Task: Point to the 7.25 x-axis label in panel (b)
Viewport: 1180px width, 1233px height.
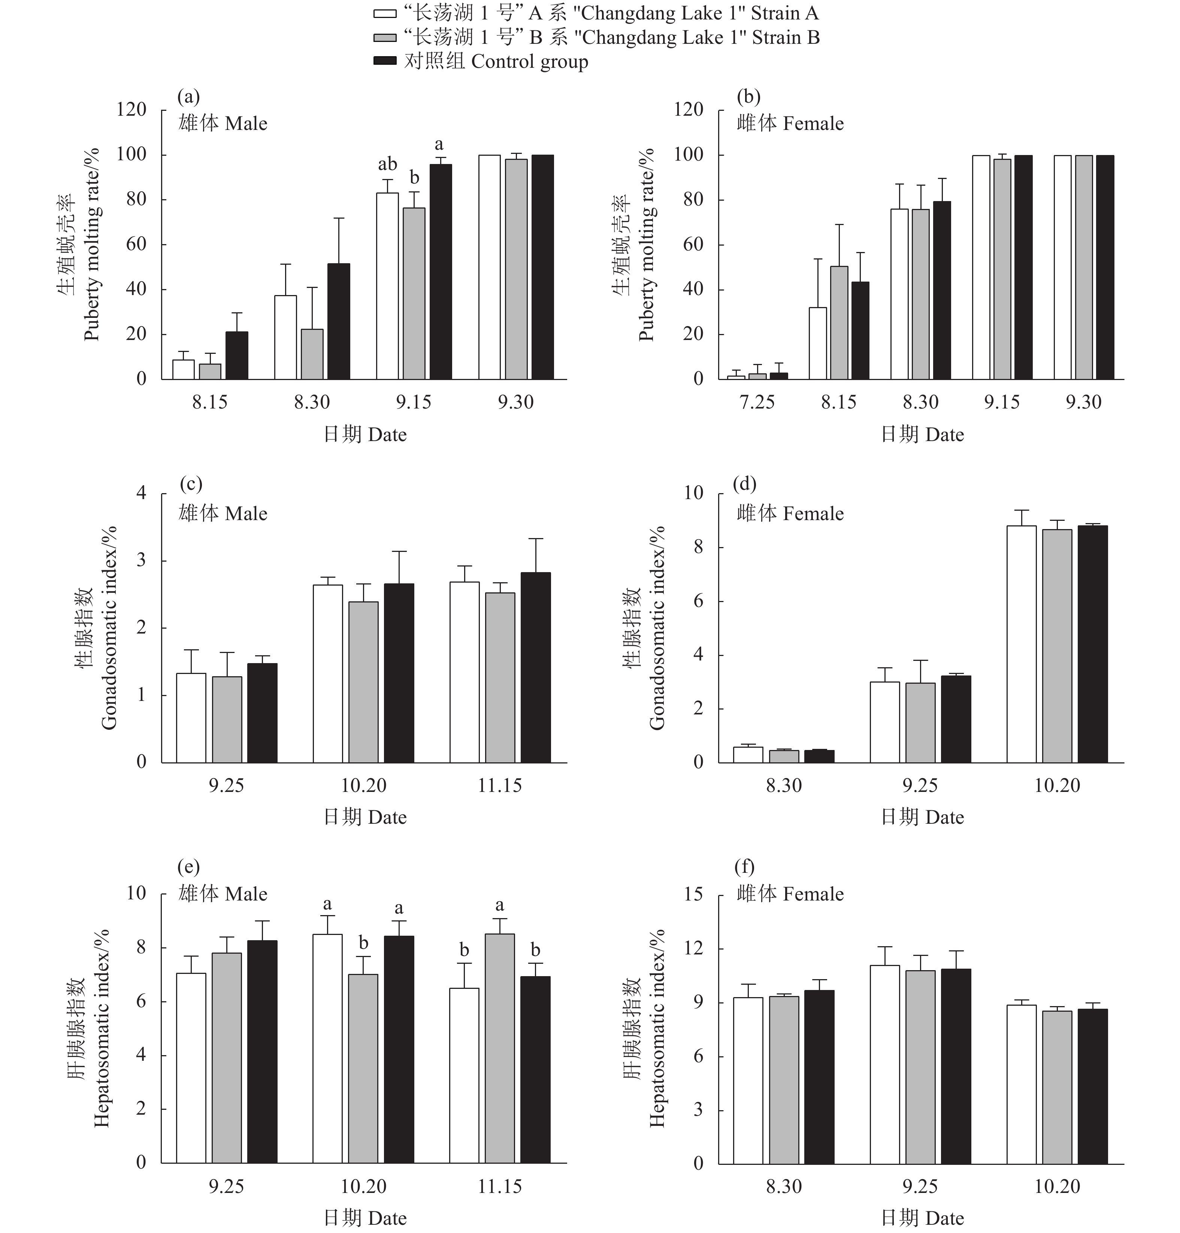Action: click(x=757, y=403)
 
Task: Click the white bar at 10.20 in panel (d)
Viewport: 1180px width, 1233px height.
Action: click(x=1022, y=644)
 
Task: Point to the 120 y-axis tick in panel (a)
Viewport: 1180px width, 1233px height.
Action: click(x=131, y=110)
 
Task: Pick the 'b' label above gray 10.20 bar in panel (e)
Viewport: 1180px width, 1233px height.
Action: click(x=364, y=943)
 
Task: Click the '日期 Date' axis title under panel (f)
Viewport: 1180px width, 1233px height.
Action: click(x=922, y=1218)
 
